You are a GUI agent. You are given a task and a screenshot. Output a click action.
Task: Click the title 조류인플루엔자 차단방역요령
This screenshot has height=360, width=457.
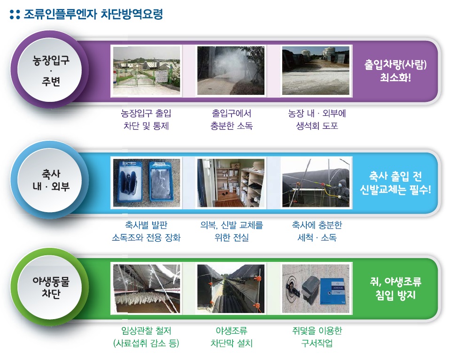93,14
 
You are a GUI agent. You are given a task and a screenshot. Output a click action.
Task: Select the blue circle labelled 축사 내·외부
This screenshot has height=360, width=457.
50,180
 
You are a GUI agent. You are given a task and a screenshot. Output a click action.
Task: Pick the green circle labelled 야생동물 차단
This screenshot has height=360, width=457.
50,287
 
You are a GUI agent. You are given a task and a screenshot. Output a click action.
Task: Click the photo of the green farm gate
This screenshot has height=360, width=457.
147,71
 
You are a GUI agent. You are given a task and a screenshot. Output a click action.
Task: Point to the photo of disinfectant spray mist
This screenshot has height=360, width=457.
231,71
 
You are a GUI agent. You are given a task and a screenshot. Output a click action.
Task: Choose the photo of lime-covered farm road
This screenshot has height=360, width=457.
316,71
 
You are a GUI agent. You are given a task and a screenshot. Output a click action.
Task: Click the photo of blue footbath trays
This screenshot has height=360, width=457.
147,183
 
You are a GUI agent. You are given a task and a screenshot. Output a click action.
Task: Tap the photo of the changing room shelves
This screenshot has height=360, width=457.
231,183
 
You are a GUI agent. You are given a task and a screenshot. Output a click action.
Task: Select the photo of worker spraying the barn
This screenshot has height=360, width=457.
316,183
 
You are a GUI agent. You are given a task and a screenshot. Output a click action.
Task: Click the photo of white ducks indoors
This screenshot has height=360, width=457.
147,289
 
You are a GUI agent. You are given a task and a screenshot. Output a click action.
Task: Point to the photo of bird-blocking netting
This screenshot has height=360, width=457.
231,289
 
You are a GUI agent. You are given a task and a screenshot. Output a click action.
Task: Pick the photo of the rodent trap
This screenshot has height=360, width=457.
316,289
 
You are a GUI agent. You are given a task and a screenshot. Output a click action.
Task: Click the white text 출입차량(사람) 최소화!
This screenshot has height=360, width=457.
395,71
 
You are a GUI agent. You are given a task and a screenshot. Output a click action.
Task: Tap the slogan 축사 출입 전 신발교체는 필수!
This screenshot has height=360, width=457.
395,183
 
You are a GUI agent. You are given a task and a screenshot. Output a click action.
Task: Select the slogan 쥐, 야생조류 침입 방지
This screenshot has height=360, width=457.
395,289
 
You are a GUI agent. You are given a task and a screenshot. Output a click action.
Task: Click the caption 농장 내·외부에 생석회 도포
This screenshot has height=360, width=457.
317,119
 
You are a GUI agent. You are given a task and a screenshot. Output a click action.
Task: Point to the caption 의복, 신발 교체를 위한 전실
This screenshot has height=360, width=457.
232,231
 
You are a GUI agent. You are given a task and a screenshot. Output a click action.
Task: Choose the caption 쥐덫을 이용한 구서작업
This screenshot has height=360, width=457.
317,337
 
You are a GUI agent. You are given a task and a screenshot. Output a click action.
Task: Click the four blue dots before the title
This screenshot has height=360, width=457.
15,15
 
